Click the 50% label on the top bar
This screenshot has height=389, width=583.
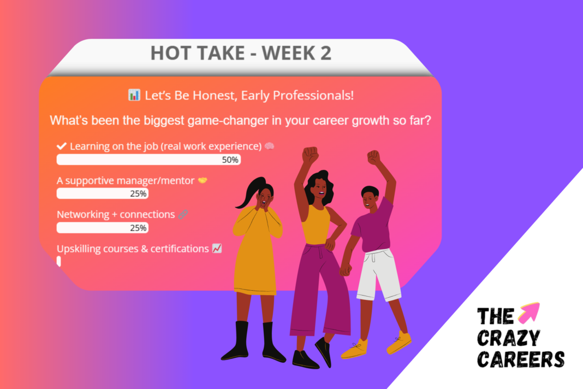(x=230, y=160)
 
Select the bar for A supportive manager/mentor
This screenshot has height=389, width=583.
(x=102, y=193)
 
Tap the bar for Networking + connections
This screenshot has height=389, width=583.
(x=102, y=228)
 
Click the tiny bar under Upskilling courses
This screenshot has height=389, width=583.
(x=59, y=262)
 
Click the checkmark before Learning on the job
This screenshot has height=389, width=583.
(x=62, y=146)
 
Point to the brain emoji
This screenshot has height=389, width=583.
(x=269, y=146)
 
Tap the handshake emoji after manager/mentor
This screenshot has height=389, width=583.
(x=203, y=180)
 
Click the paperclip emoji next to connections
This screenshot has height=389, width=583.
(x=183, y=215)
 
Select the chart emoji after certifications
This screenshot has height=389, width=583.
(x=217, y=249)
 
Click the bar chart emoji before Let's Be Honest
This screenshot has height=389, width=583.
(x=134, y=95)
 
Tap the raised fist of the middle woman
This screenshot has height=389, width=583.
(x=310, y=155)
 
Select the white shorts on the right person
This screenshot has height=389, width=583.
(x=378, y=273)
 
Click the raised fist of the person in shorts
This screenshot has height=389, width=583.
(x=373, y=157)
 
